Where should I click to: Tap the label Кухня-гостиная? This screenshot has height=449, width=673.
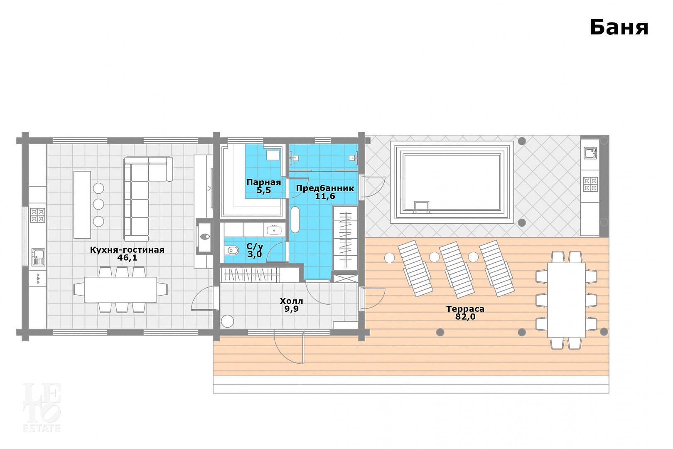[x=128, y=250]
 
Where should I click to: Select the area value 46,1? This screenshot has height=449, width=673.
[x=128, y=258]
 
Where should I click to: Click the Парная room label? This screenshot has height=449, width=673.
[x=264, y=182]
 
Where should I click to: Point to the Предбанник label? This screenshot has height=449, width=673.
[x=325, y=189]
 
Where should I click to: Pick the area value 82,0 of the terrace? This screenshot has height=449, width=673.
[x=465, y=317]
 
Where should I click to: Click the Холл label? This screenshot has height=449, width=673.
[x=292, y=301]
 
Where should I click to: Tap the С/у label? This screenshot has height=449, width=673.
[x=255, y=247]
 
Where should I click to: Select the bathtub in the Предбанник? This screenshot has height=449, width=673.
[x=295, y=220]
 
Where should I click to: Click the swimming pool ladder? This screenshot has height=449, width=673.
[x=422, y=207]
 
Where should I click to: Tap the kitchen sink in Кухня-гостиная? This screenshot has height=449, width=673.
[x=39, y=257]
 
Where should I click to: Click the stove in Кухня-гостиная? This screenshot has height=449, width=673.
[x=38, y=215]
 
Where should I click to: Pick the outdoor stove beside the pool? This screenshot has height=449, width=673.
[x=590, y=184]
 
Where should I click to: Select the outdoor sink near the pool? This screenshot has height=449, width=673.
[x=590, y=153]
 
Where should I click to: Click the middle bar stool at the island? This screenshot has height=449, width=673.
[x=98, y=205]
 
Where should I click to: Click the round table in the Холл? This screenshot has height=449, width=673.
[x=227, y=321]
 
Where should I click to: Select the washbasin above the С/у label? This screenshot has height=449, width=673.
[x=274, y=230]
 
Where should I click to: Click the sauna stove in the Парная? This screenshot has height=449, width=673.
[x=273, y=155]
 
